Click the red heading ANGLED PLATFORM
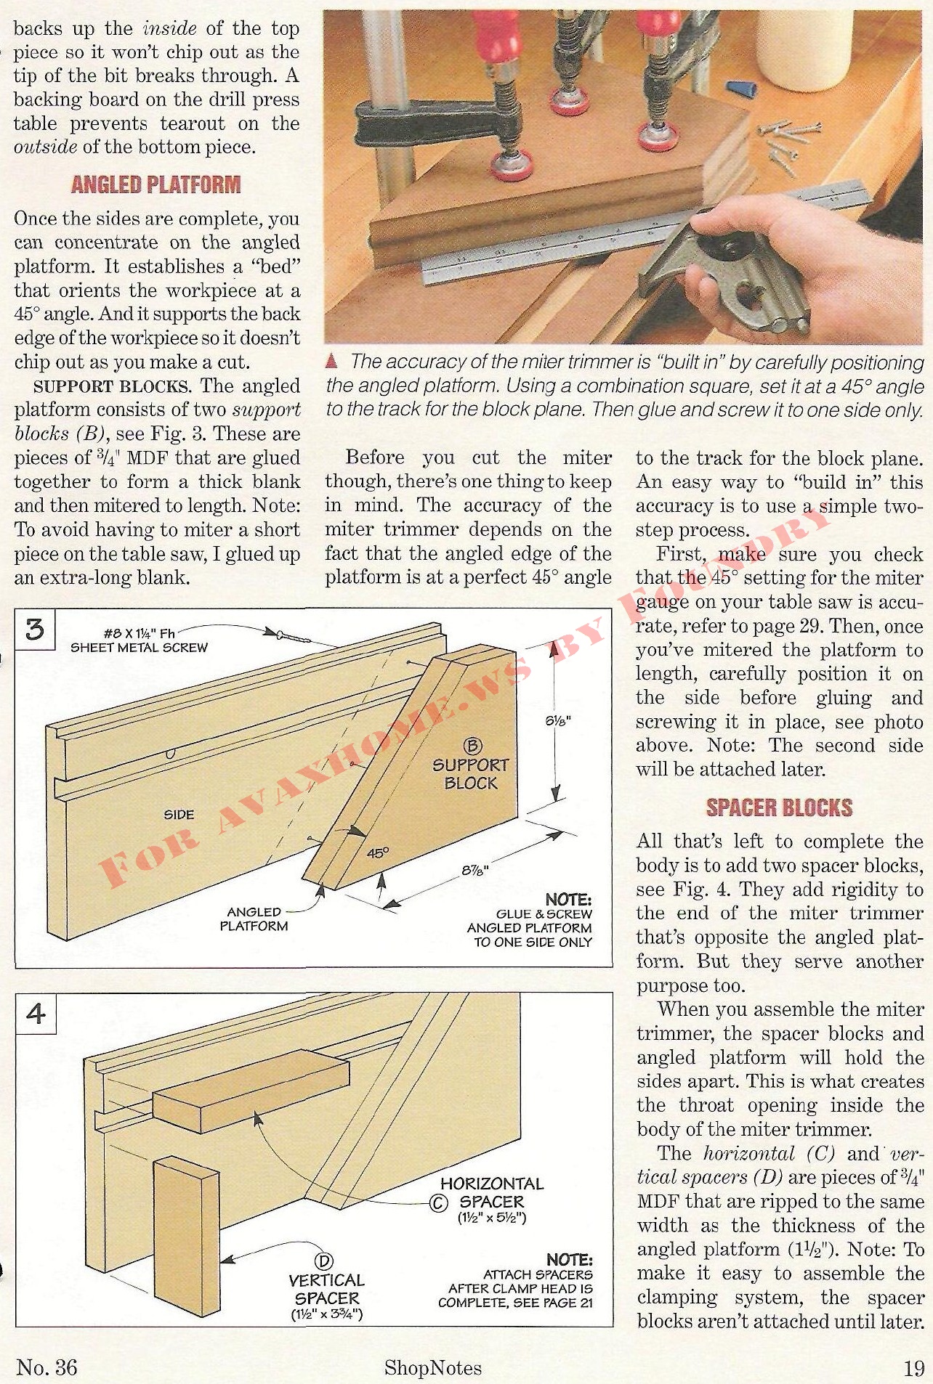coord(155,184)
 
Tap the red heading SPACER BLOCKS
coord(779,807)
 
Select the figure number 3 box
coord(35,629)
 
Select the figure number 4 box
coord(36,1013)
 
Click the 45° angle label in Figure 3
coord(377,852)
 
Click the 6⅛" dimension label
coord(558,721)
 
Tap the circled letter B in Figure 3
coord(472,746)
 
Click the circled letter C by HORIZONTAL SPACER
coord(438,1204)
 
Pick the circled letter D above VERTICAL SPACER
coord(324,1262)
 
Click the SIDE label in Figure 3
coord(178,814)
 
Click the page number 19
coord(913,1368)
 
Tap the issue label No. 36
coord(47,1367)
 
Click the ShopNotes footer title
coord(432,1368)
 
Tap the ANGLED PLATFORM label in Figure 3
coord(254,919)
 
